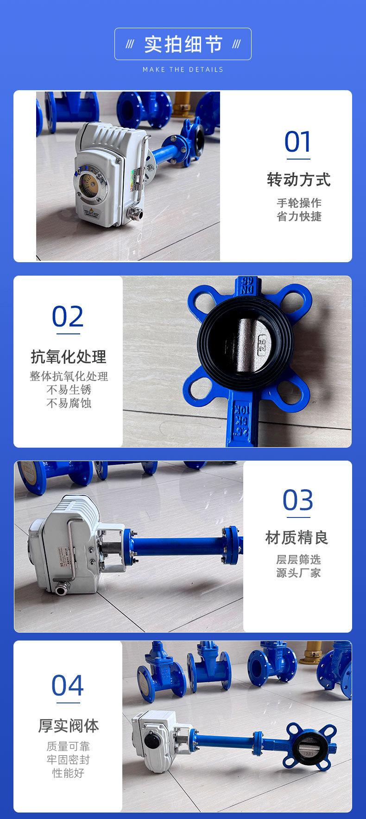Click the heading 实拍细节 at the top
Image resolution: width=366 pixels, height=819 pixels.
click(x=183, y=44)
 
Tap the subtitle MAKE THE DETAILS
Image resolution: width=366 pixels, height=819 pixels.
click(x=183, y=69)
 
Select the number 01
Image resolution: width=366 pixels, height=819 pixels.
click(x=297, y=142)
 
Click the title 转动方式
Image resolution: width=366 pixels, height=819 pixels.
click(x=299, y=179)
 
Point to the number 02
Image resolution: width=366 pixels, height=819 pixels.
click(x=68, y=317)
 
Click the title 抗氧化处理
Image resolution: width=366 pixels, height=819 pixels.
click(x=69, y=357)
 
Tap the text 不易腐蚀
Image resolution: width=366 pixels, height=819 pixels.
click(x=69, y=403)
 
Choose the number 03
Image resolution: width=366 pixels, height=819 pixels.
click(x=298, y=500)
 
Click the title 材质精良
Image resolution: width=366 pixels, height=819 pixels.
click(x=297, y=538)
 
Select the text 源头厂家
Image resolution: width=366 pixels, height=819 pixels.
click(x=298, y=573)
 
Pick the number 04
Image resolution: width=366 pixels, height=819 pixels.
click(x=68, y=685)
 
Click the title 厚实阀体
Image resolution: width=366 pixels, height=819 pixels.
click(x=69, y=725)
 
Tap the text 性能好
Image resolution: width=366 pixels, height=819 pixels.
click(x=69, y=773)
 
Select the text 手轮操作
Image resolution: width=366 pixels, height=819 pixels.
click(x=299, y=203)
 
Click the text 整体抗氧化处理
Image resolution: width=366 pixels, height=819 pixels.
click(x=69, y=376)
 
